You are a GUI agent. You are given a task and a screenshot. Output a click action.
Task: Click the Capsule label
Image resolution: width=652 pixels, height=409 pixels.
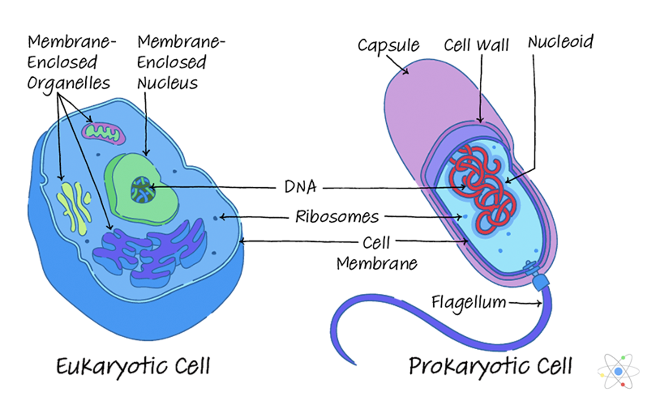pyautogui.click(x=388, y=46)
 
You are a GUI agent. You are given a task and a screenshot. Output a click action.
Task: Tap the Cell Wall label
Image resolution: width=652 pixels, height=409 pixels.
pyautogui.click(x=476, y=45)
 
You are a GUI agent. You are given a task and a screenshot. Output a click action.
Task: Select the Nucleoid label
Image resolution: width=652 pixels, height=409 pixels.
pyautogui.click(x=560, y=42)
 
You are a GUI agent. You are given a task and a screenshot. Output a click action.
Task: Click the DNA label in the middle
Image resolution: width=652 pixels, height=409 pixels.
pyautogui.click(x=300, y=187)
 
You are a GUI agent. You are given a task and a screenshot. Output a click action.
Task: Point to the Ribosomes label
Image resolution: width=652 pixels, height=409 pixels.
pyautogui.click(x=337, y=217)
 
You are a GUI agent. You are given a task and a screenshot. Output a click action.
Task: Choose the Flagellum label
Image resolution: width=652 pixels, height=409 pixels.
pyautogui.click(x=468, y=302)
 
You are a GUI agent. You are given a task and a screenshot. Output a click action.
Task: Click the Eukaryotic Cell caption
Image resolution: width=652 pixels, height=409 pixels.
pyautogui.click(x=133, y=367)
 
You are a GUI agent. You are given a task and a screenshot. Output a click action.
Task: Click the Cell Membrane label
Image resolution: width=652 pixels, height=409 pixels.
pyautogui.click(x=376, y=253)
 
